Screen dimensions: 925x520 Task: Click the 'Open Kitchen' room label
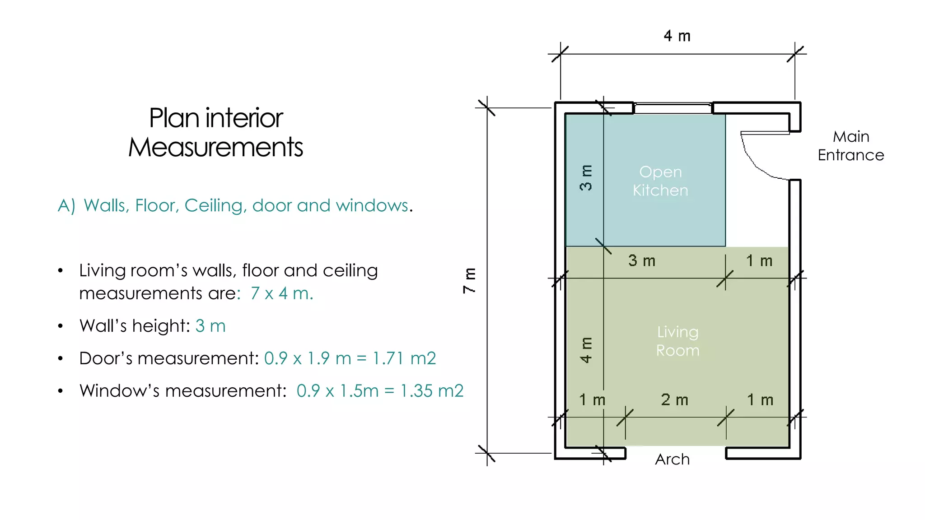[660, 181]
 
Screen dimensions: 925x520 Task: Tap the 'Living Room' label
[677, 341]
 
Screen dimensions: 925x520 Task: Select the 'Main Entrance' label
[851, 146]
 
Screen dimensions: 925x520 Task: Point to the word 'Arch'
[673, 460]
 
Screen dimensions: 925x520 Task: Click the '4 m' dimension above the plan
[677, 36]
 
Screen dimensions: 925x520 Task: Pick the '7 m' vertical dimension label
[470, 280]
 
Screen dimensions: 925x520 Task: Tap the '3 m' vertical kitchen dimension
[586, 177]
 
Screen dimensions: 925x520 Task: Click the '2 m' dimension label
[675, 399]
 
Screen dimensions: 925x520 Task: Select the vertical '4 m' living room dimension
[586, 350]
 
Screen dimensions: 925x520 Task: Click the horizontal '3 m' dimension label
[642, 260]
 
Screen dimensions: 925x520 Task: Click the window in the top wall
[673, 108]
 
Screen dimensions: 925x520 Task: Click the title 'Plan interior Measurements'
[216, 132]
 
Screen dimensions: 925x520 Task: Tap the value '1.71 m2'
[404, 358]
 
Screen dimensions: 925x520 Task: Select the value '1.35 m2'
[432, 391]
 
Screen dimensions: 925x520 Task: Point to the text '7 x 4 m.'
[282, 293]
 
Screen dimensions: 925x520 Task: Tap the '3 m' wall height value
[210, 326]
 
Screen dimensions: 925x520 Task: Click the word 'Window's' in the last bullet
[120, 391]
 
